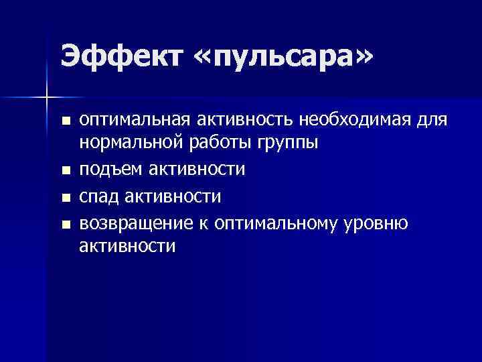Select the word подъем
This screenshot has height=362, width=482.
110,170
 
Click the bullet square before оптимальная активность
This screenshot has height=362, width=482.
65,122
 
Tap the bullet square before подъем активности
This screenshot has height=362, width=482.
65,172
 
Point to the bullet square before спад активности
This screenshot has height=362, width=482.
65,198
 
